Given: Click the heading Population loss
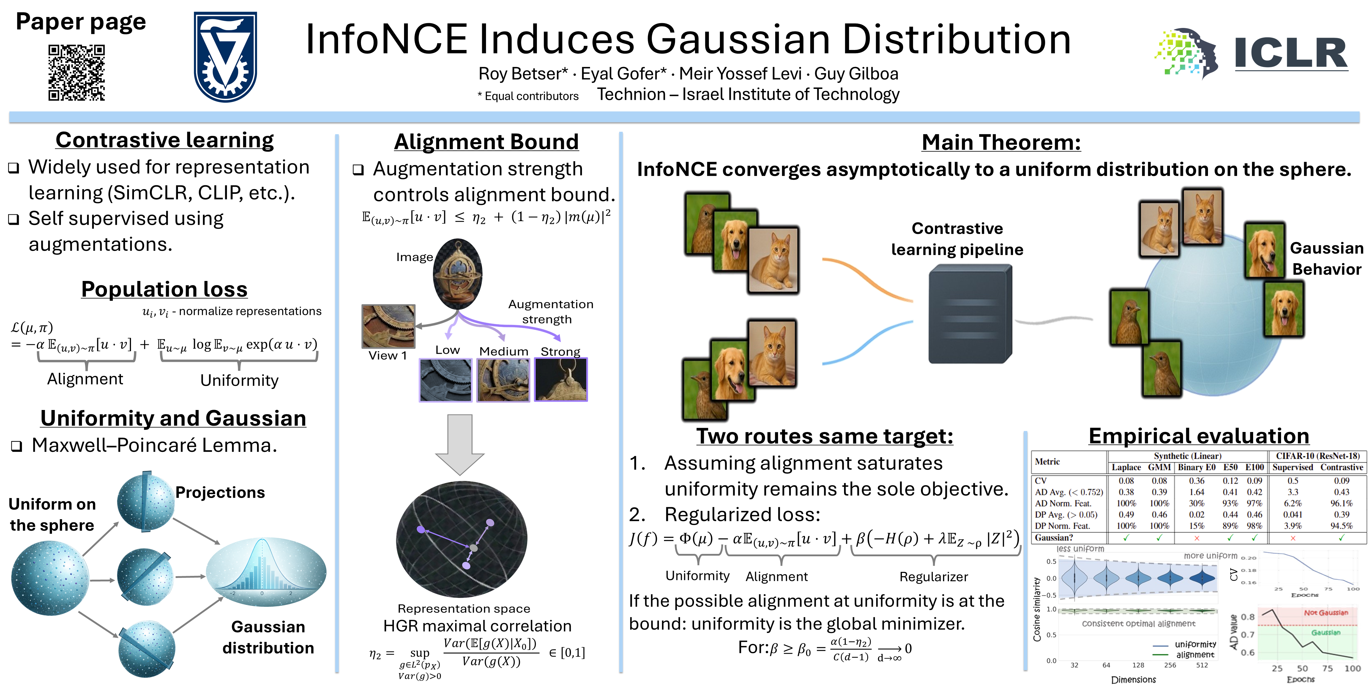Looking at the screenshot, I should pos(164,289).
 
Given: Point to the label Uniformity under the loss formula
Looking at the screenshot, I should pos(239,380).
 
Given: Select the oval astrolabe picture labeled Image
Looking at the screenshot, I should pos(458,274).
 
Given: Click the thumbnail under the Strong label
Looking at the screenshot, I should pos(561,379).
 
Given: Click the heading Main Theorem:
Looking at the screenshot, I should pos(1001,142).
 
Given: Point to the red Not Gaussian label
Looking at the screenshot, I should pos(1325,613).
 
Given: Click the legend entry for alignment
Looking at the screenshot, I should pos(1195,655).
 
